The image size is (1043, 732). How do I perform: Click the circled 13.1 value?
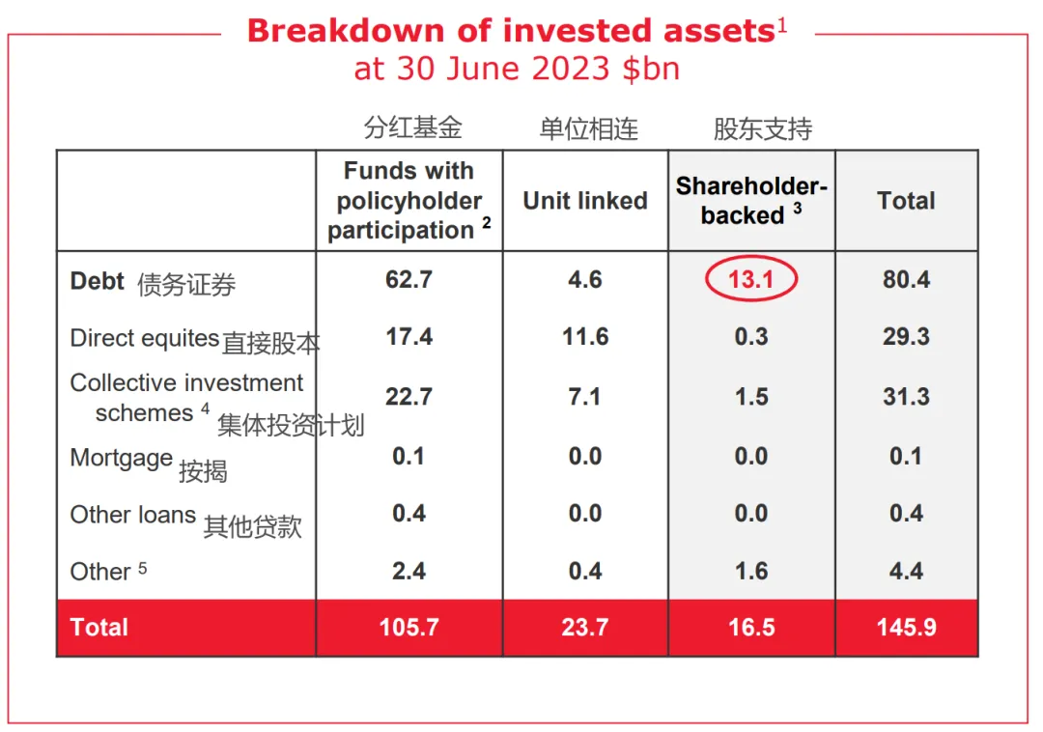(750, 280)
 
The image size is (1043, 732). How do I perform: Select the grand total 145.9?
(906, 627)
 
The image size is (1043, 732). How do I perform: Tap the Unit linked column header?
(585, 201)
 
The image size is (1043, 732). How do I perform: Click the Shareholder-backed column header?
(751, 201)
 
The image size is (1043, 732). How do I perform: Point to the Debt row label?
(98, 281)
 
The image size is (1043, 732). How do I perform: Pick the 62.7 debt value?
(409, 280)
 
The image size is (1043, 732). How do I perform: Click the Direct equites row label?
(144, 338)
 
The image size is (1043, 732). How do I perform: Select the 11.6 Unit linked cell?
(585, 337)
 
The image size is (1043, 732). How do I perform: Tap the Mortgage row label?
(122, 458)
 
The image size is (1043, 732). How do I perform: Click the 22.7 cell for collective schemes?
(409, 397)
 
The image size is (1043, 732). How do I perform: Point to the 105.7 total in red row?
(409, 627)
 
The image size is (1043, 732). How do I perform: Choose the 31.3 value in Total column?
(906, 397)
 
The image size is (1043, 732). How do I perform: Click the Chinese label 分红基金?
(413, 127)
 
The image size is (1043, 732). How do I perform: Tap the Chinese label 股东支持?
(763, 129)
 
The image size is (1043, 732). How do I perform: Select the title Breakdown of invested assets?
(512, 31)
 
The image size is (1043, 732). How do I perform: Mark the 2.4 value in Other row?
(409, 571)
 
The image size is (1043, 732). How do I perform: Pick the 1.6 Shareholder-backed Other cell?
(751, 571)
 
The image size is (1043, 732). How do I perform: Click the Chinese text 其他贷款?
(252, 526)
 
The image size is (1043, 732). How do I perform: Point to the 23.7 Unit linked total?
(585, 627)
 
